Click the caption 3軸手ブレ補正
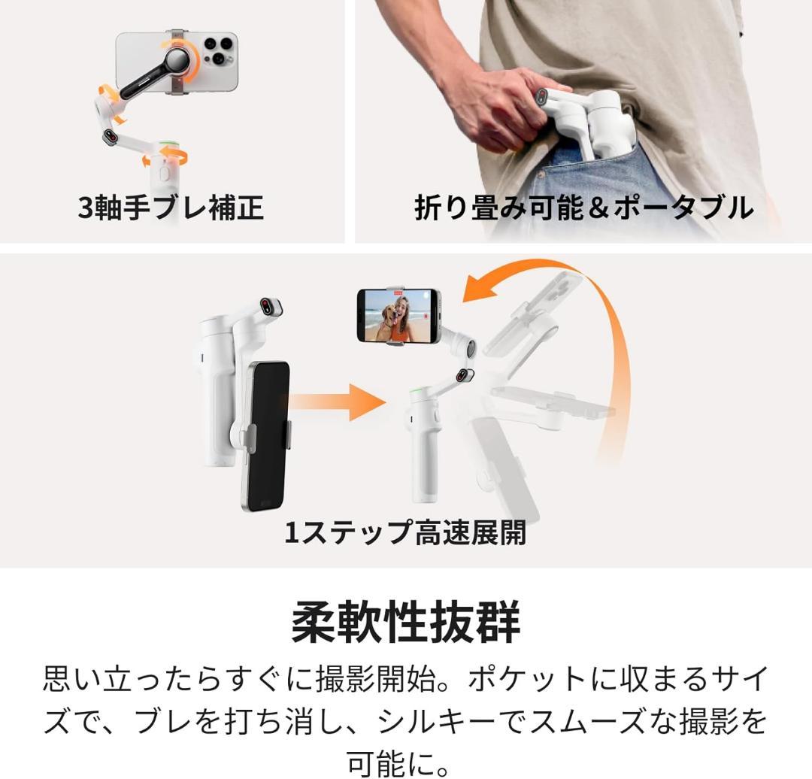(171, 208)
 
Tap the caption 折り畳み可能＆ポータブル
(583, 208)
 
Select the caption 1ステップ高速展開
(404, 532)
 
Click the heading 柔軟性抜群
(405, 623)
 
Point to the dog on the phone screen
(388, 322)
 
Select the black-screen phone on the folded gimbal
(265, 435)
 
